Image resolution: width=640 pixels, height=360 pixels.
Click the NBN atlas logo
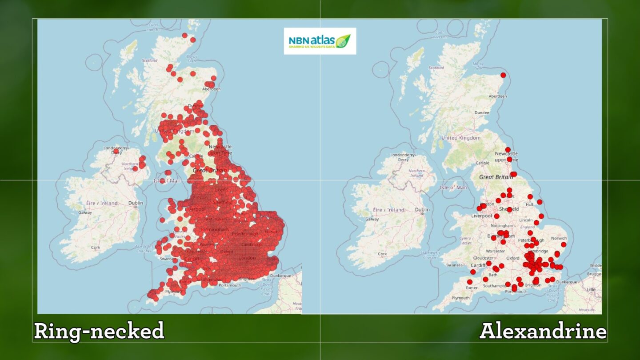pyautogui.click(x=320, y=41)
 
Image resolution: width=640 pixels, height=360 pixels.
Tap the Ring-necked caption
pyautogui.click(x=99, y=332)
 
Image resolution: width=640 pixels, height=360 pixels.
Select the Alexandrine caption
pyautogui.click(x=543, y=332)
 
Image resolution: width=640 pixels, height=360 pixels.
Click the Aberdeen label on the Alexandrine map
pyautogui.click(x=497, y=96)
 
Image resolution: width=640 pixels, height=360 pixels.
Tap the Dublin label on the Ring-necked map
pyautogui.click(x=136, y=203)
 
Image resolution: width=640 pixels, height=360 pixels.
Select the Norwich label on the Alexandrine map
pyautogui.click(x=559, y=238)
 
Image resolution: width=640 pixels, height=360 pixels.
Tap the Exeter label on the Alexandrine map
pyautogui.click(x=472, y=288)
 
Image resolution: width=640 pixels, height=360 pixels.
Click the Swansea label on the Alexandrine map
pyautogui.click(x=454, y=265)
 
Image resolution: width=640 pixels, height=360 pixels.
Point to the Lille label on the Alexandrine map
pyautogui.click(x=591, y=289)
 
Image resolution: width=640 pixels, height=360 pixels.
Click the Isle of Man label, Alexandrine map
pyautogui.click(x=453, y=188)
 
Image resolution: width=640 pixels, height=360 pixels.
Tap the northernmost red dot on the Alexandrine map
pyautogui.click(x=503, y=75)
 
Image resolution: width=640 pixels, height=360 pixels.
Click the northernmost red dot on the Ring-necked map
pyautogui.click(x=185, y=35)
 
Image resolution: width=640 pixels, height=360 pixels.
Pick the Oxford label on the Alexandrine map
pyautogui.click(x=512, y=258)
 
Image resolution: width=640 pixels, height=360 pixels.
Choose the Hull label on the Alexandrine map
pyautogui.click(x=528, y=205)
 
